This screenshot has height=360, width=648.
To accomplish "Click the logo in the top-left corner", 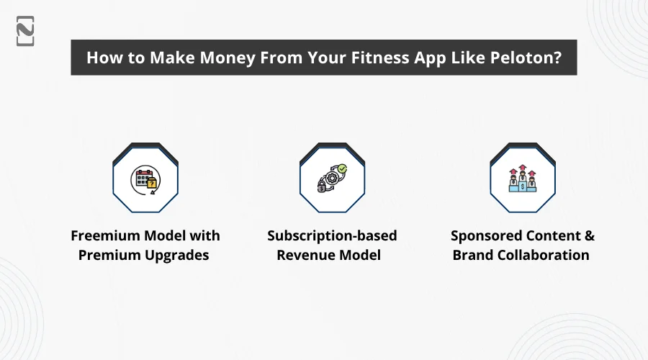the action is (x=25, y=31).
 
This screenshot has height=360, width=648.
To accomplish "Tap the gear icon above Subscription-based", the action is (x=332, y=178).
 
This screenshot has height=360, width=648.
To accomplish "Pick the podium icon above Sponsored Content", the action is (x=523, y=179).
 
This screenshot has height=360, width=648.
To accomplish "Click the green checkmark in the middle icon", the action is (x=342, y=168).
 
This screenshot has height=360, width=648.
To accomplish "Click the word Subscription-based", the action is (x=332, y=236).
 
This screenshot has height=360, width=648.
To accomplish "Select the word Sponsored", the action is (x=481, y=236).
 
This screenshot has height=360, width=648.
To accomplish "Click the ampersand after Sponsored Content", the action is (x=589, y=235).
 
